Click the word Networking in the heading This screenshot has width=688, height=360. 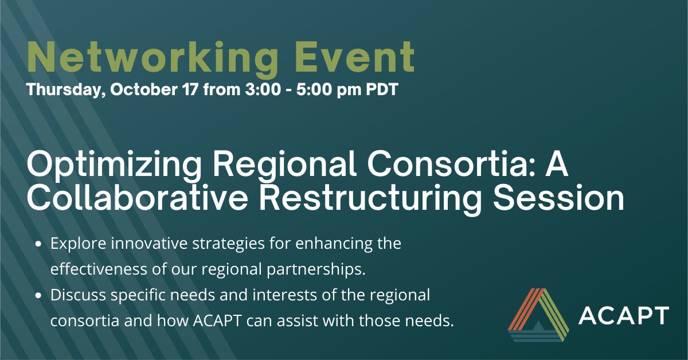153,58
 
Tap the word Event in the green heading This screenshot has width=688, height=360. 356,57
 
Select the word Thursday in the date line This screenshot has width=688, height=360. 67,89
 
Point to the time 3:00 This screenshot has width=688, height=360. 263,89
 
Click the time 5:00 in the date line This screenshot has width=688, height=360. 314,89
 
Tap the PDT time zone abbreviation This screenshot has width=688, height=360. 382,89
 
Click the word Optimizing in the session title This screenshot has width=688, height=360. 114,165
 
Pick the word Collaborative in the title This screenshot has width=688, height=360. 138,198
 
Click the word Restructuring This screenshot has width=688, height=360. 370,199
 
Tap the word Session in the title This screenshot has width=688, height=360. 558,198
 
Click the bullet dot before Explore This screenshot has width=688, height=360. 38,244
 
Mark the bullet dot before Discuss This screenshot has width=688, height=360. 38,295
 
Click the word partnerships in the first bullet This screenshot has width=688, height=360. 316,269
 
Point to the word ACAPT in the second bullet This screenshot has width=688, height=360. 217,320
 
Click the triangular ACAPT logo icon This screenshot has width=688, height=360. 538,315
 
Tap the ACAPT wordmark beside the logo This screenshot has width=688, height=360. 624,315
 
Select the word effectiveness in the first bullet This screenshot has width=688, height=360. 99,269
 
